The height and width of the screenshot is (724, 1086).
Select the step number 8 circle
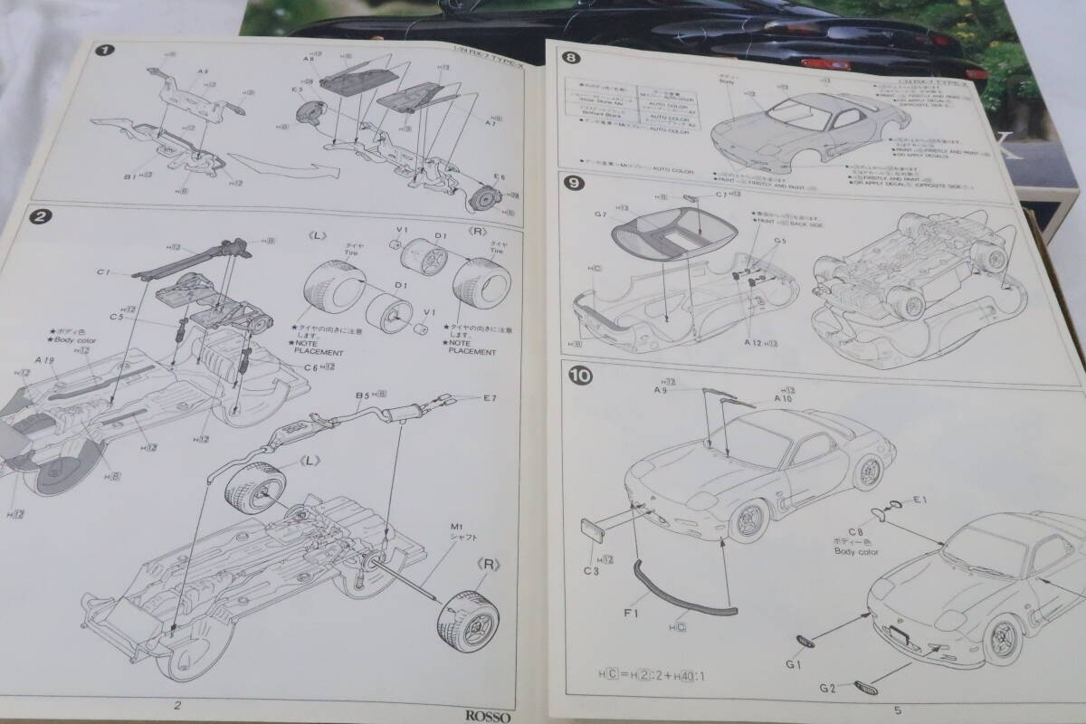click(570, 60)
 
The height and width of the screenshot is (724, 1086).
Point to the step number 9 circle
click(572, 183)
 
